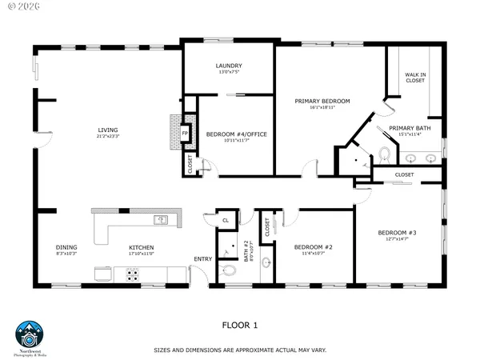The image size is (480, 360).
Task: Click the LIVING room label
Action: (x=108, y=130)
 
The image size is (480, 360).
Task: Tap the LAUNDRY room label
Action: (x=229, y=66)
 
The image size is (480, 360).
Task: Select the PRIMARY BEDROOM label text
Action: (x=322, y=101)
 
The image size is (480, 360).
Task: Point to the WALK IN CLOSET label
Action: (x=415, y=77)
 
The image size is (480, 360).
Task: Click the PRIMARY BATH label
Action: (x=410, y=128)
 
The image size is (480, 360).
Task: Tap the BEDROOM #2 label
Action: (x=312, y=246)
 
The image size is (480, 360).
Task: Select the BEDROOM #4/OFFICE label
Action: (x=236, y=134)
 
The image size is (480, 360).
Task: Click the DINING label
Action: (x=66, y=247)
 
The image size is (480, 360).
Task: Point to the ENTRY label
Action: (x=203, y=258)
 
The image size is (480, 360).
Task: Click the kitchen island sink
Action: (x=160, y=219)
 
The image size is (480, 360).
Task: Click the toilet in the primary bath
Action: (x=385, y=153)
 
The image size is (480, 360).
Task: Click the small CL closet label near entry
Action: (x=226, y=220)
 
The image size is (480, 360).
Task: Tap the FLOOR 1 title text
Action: (x=240, y=326)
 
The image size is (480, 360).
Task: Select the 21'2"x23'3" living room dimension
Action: (x=108, y=137)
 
